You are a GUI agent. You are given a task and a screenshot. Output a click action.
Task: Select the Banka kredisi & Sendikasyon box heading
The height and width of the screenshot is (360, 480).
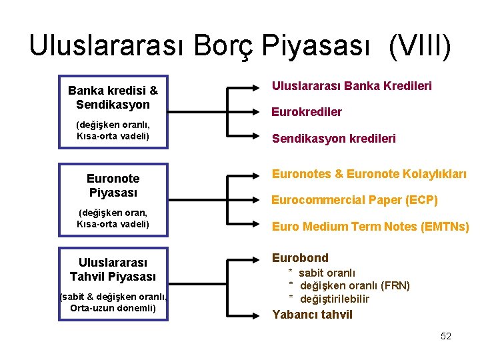tap(113, 97)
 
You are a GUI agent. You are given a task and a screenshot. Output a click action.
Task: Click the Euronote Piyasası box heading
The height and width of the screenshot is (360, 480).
tap(113, 185)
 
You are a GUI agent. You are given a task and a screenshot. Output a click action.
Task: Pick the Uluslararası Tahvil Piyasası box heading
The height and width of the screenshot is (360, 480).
tap(113, 269)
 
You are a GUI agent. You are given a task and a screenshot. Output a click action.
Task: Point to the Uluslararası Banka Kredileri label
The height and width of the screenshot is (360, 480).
tap(351, 85)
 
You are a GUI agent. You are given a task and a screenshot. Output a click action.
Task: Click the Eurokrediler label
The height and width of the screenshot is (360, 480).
tap(306, 112)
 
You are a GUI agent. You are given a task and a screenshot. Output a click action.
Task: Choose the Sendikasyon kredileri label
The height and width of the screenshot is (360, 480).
tap(333, 139)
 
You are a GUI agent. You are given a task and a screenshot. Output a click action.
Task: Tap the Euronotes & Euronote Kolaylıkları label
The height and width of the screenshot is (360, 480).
tap(369, 174)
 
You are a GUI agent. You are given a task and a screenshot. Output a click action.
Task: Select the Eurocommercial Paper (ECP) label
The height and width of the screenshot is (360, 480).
tap(354, 200)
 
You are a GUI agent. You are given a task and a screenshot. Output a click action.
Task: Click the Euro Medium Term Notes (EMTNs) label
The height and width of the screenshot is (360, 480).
tap(370, 227)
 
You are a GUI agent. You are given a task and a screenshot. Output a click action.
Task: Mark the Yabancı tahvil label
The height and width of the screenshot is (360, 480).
tap(312, 315)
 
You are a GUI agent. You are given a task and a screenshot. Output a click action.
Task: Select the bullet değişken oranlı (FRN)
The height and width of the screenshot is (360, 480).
tap(354, 285)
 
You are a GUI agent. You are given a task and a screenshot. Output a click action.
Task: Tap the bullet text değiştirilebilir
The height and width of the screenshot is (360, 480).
tap(334, 299)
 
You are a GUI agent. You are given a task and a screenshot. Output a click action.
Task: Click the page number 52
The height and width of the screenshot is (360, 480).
tap(446, 336)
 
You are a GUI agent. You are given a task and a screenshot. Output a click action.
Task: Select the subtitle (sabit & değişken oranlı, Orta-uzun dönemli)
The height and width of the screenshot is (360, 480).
tap(113, 302)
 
